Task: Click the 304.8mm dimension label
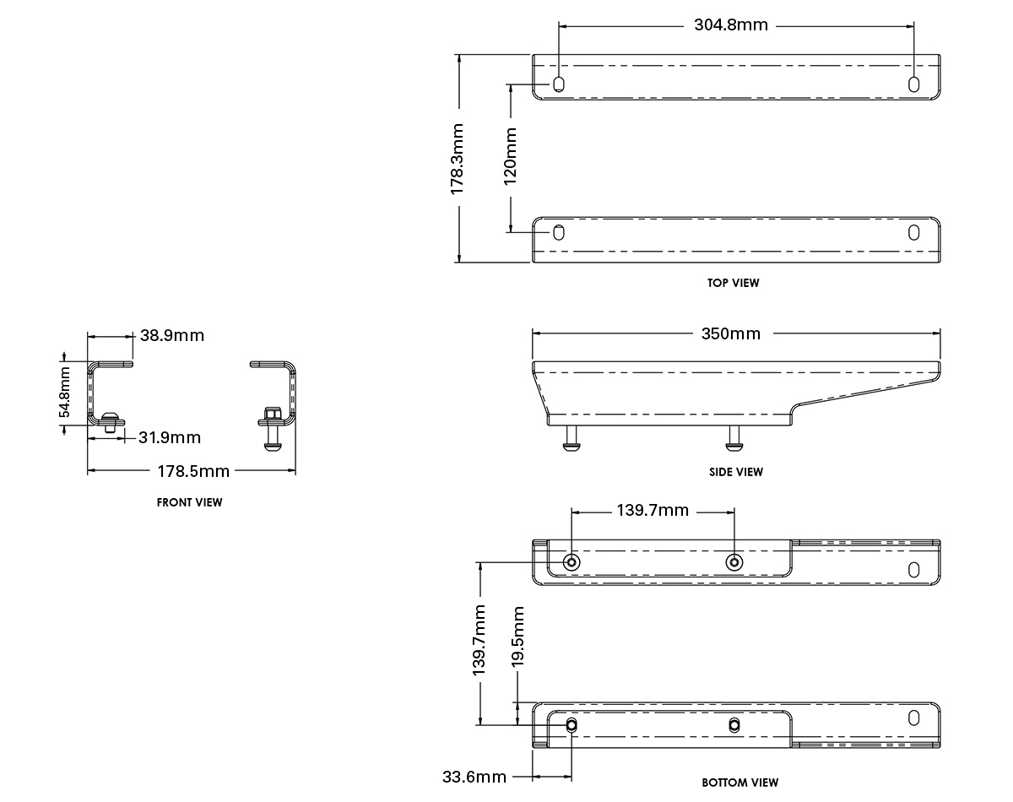[730, 25]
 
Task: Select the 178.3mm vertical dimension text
[457, 160]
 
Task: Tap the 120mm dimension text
[510, 156]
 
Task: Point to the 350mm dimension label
[730, 334]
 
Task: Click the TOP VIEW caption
[733, 283]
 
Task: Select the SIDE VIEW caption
[736, 472]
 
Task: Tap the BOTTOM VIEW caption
[740, 783]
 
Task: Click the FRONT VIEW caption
[189, 502]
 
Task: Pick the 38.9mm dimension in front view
[172, 336]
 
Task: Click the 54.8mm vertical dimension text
[64, 393]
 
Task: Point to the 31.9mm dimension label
[170, 438]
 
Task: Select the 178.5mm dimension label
[193, 471]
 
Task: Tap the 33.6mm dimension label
[474, 777]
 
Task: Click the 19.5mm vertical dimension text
[517, 637]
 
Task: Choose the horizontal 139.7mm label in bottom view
[653, 510]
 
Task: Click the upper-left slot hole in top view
[559, 84]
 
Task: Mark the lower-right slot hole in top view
[913, 233]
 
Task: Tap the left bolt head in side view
[572, 446]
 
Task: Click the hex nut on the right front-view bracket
[272, 415]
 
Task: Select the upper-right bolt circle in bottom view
[734, 562]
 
